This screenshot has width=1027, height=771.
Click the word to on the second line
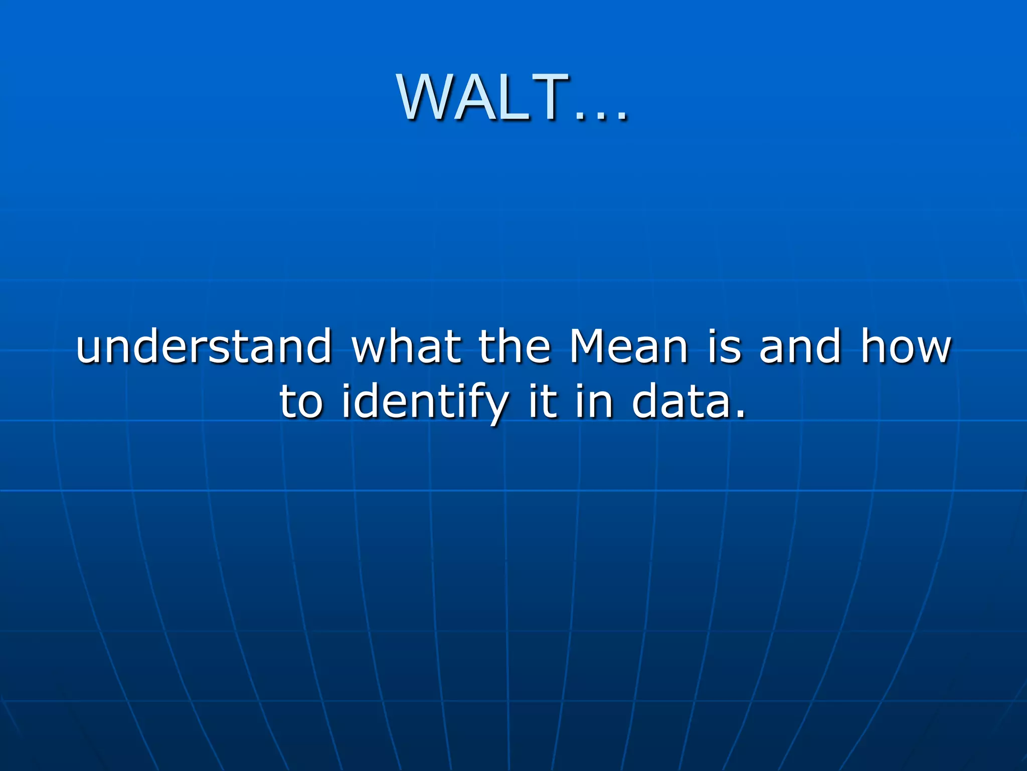point(301,403)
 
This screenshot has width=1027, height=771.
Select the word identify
point(424,403)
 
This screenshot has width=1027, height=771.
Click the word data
point(679,403)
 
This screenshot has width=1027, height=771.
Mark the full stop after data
point(739,415)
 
